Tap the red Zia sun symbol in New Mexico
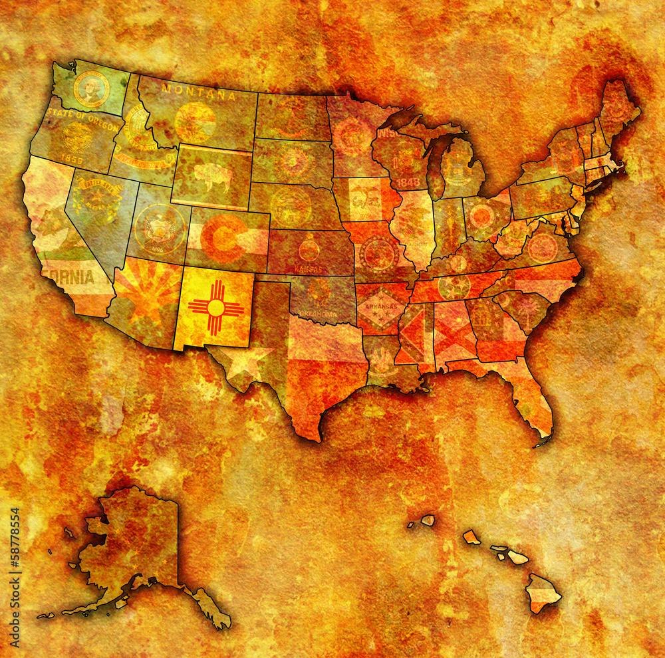(x=215, y=308)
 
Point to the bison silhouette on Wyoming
(x=210, y=177)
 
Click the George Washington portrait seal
(x=91, y=89)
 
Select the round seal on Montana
(x=195, y=122)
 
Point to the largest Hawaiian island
(x=543, y=592)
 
